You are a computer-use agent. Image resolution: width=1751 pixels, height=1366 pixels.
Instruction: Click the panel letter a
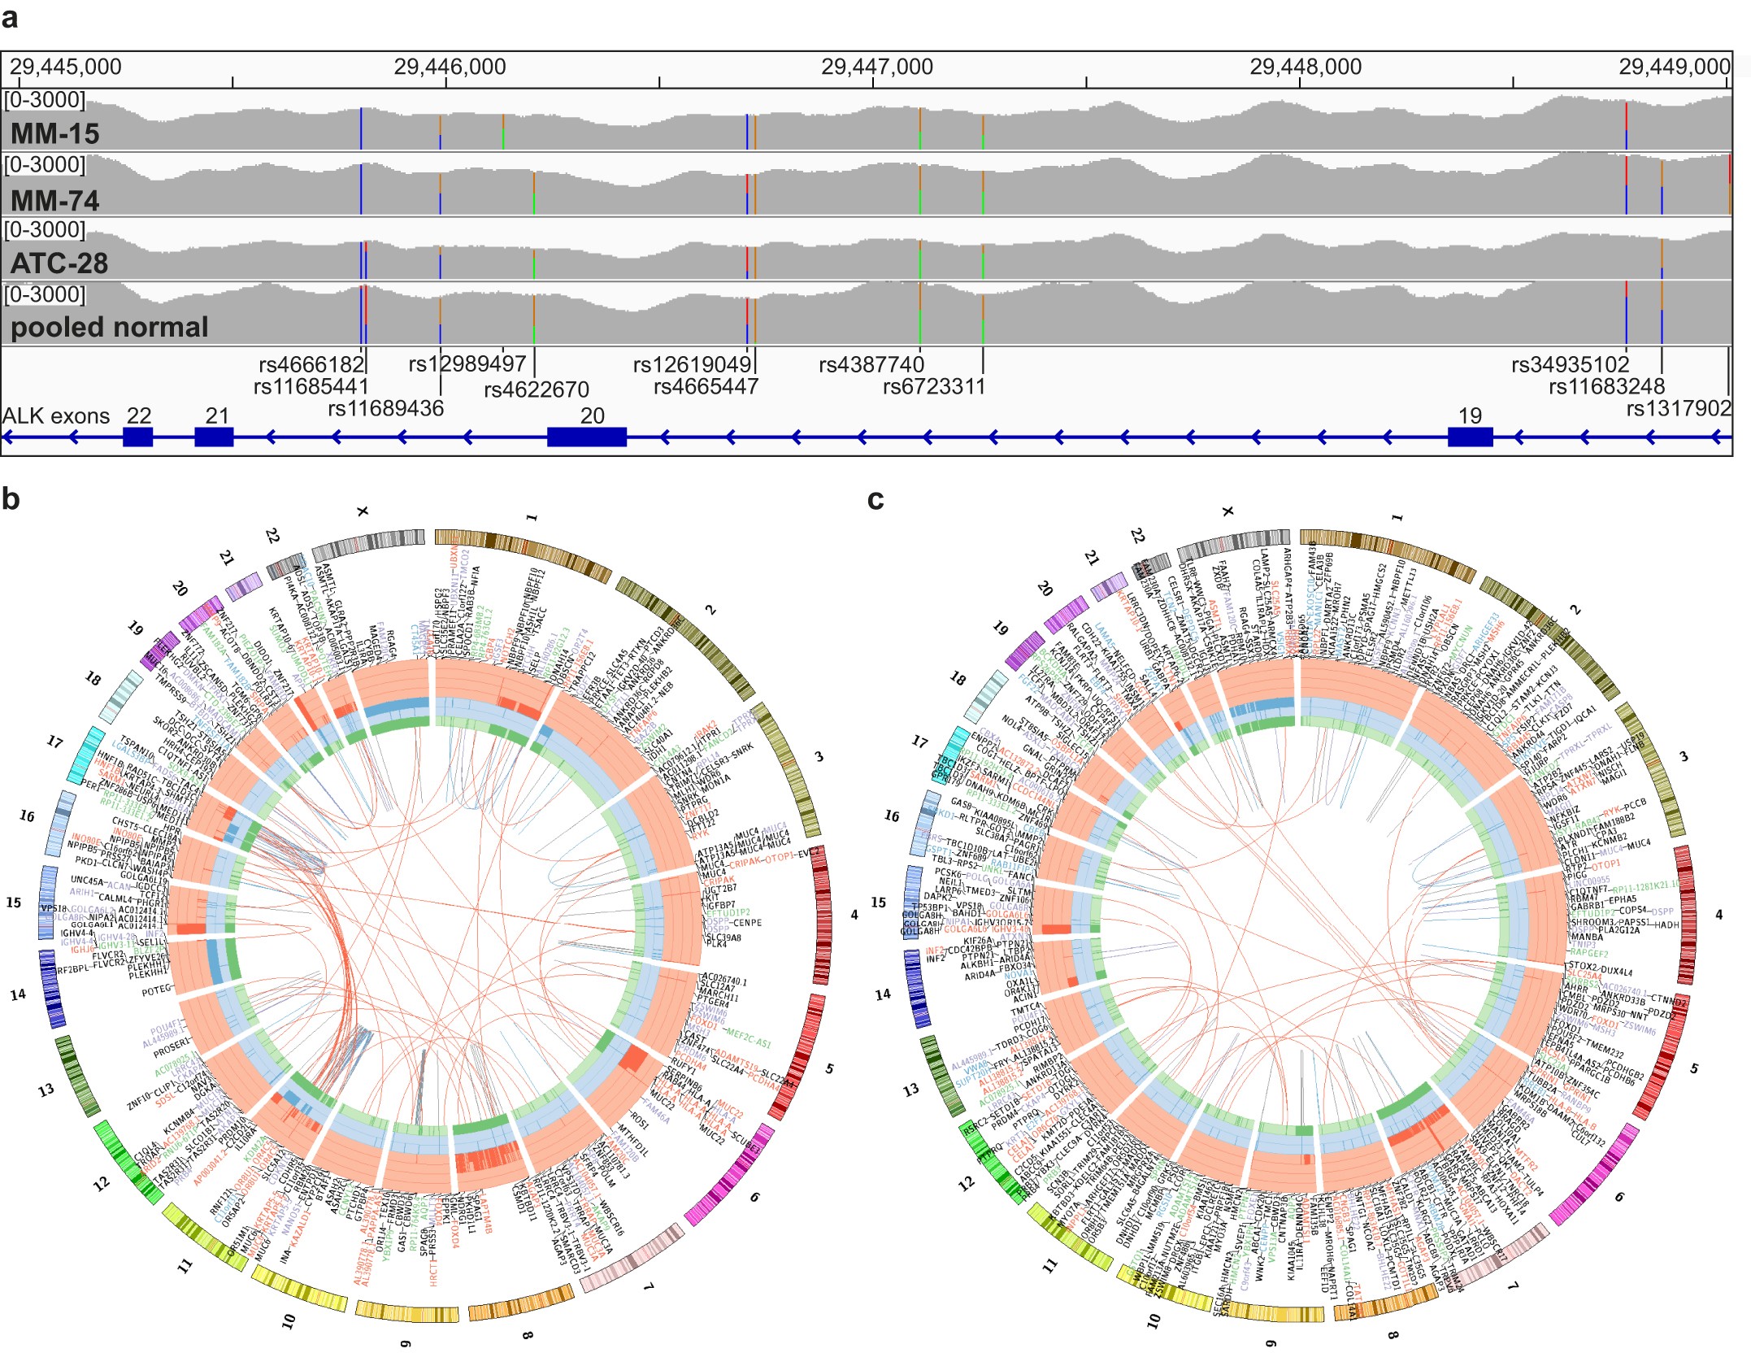click(x=10, y=17)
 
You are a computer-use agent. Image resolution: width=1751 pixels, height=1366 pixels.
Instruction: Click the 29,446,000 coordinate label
click(x=450, y=67)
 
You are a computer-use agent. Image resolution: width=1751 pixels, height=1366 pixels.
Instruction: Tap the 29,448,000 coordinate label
click(x=1306, y=67)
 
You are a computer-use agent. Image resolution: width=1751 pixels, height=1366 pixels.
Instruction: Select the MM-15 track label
click(x=55, y=134)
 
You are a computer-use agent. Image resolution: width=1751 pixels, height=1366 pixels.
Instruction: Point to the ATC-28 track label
click(x=59, y=263)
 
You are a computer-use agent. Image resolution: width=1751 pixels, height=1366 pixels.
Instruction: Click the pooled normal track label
click(x=110, y=327)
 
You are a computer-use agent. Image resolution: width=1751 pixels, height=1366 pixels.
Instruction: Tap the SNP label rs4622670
click(x=537, y=389)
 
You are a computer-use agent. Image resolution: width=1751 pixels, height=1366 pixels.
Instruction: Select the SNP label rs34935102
click(x=1570, y=364)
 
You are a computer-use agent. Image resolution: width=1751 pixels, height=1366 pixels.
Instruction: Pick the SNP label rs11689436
click(x=386, y=408)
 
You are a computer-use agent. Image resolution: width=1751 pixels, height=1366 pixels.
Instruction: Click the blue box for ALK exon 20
click(x=586, y=437)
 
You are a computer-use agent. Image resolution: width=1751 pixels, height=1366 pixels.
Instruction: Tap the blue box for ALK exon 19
click(x=1470, y=437)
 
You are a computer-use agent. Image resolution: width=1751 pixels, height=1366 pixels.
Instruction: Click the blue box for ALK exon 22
click(x=137, y=437)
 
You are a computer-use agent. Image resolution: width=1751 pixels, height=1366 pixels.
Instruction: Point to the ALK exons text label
click(x=55, y=416)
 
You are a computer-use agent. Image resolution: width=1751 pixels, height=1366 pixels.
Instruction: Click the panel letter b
click(x=11, y=498)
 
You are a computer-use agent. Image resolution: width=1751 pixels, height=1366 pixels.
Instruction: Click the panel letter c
click(x=875, y=498)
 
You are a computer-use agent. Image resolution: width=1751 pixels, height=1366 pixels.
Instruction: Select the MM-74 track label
click(x=55, y=200)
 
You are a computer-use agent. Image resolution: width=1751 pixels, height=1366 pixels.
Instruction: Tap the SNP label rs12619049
click(x=692, y=364)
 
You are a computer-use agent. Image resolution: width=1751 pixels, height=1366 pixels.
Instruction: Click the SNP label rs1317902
click(x=1678, y=408)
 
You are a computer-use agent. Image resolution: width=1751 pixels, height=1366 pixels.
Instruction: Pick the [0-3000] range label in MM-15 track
click(x=45, y=100)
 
